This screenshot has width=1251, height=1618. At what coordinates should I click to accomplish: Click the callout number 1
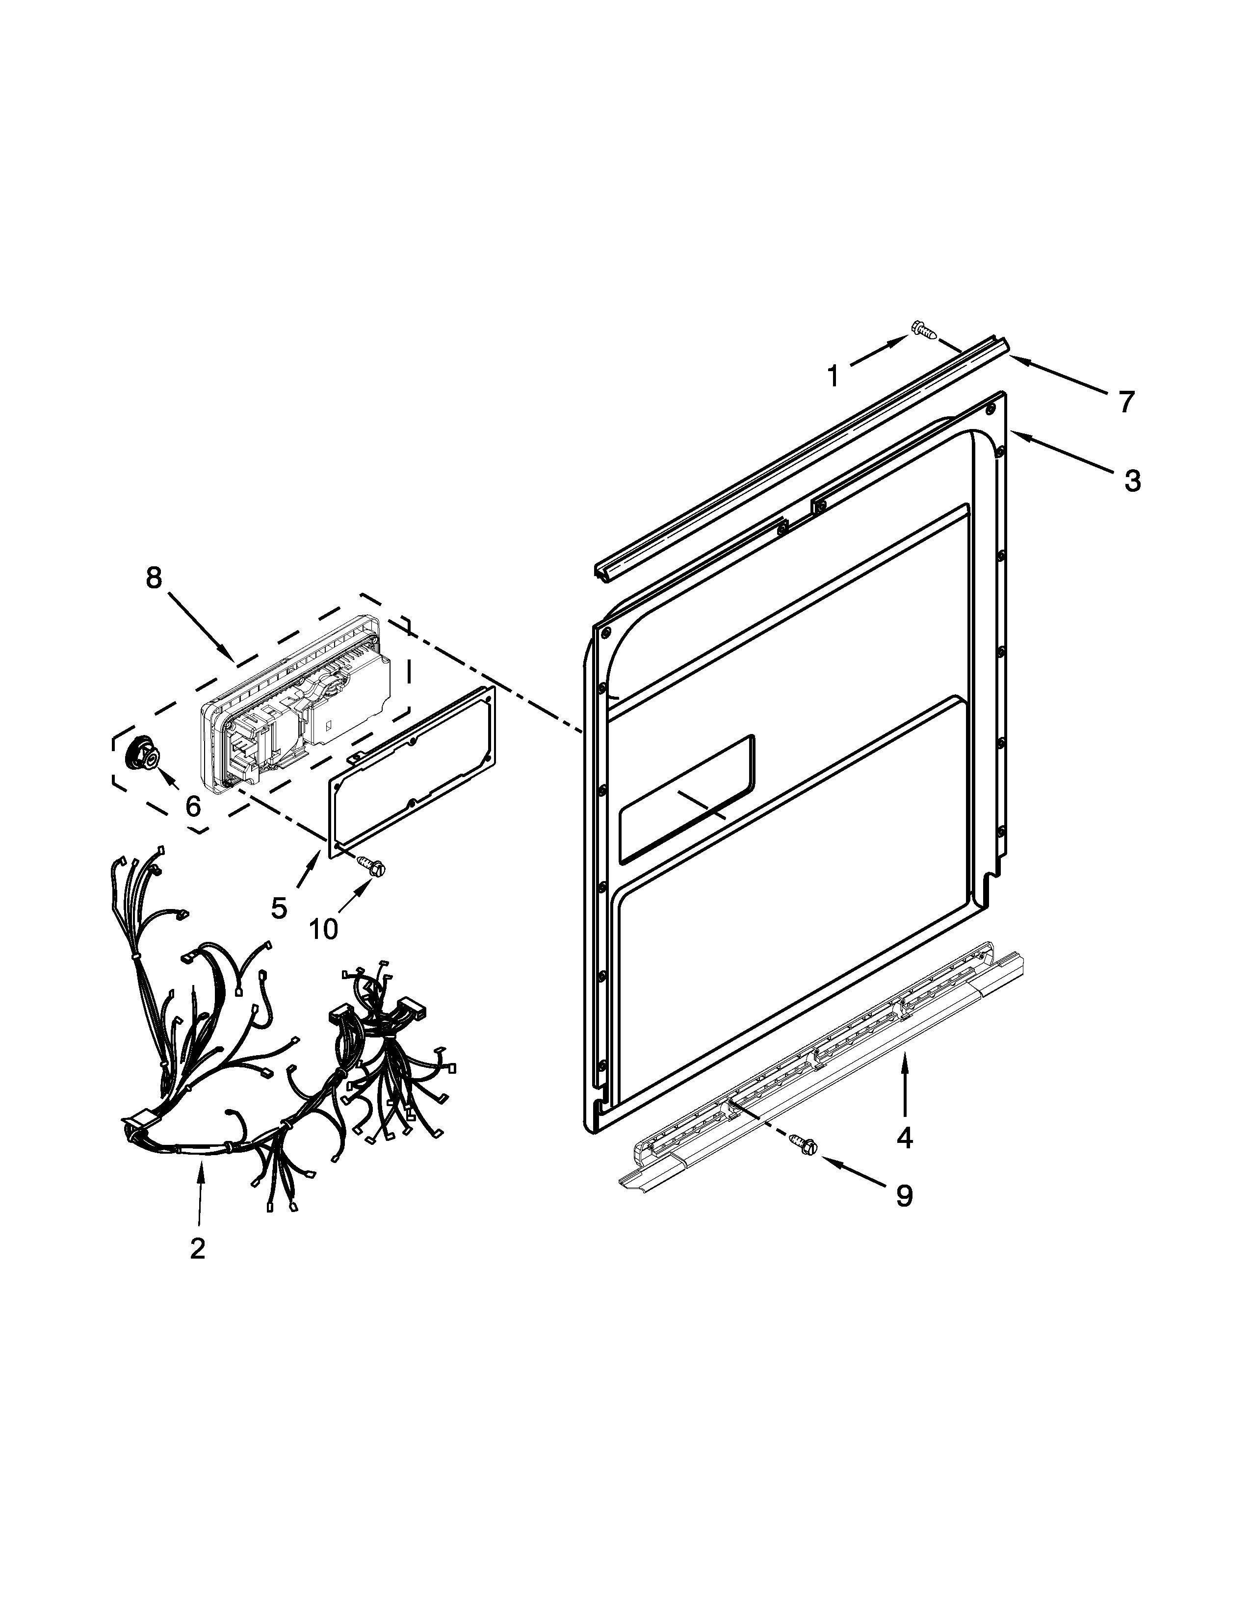833,377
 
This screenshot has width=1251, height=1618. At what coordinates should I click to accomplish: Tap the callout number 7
1126,402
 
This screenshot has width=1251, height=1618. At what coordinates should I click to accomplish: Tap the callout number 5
279,908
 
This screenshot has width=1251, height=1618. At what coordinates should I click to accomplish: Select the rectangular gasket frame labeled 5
412,770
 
